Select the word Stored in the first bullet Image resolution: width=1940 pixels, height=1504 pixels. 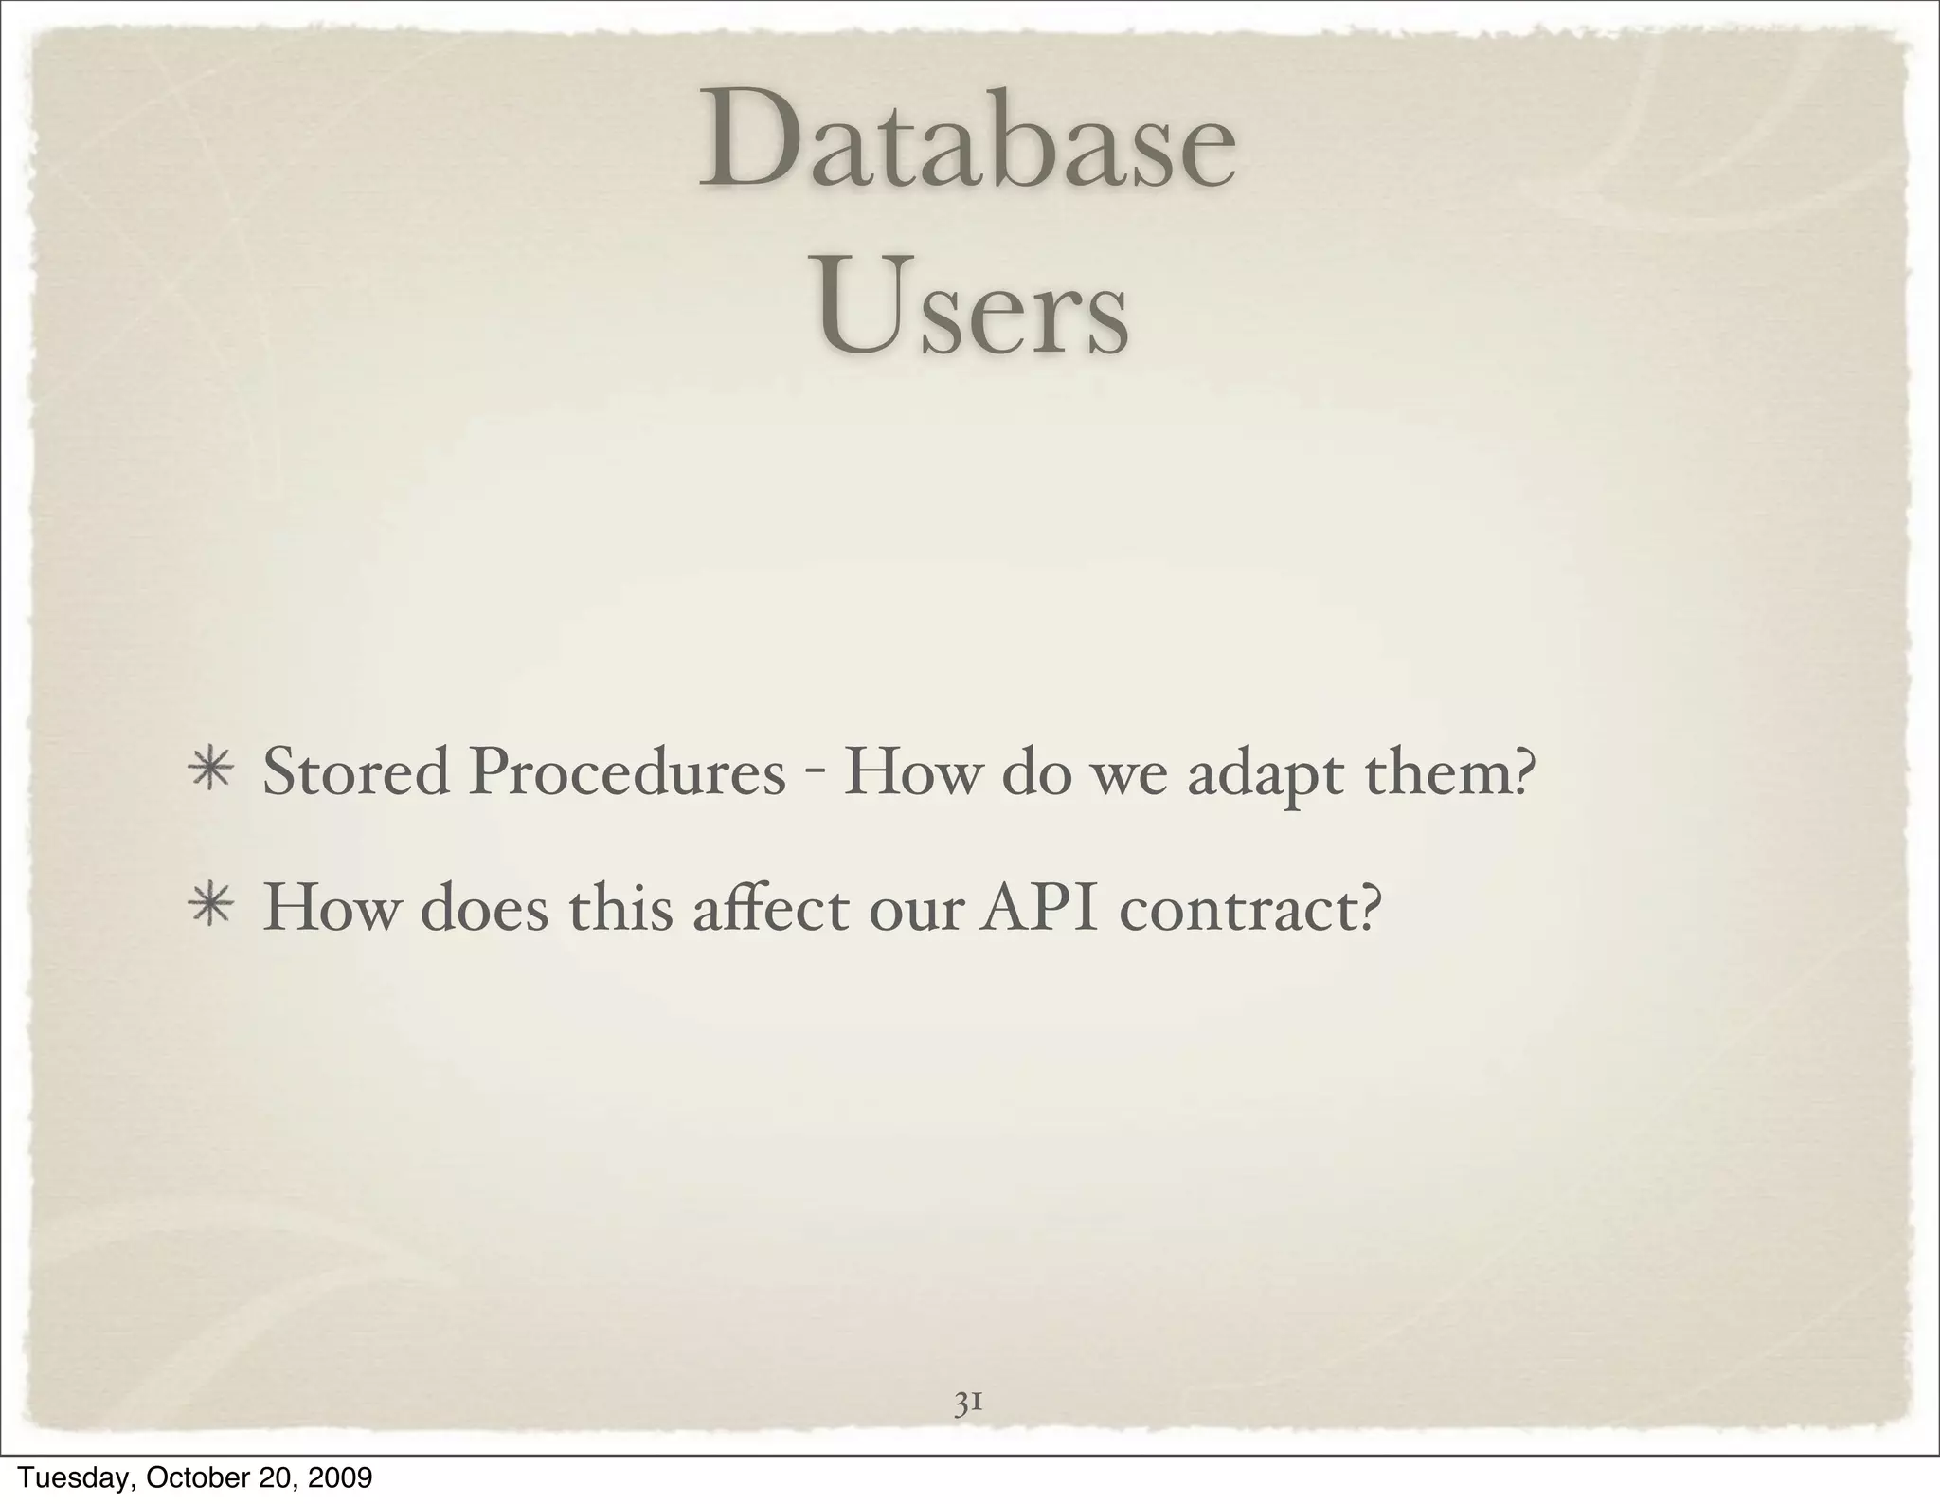coord(355,772)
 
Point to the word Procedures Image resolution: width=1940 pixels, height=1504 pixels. coord(627,772)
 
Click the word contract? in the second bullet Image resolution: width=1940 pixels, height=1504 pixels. coord(1247,908)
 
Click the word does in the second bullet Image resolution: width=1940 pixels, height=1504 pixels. coord(484,908)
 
